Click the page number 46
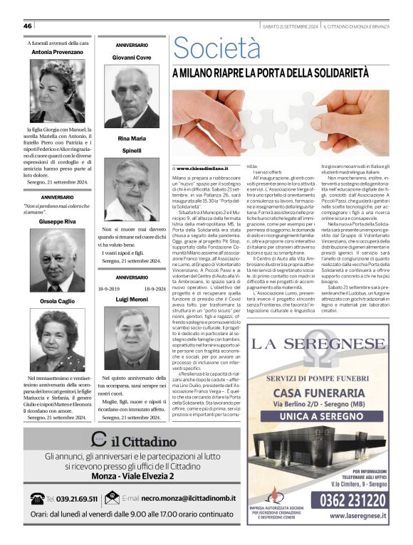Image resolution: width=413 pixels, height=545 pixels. tap(28, 26)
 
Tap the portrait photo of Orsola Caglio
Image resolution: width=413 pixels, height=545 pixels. tap(57, 339)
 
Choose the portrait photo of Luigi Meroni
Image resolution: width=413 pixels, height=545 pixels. tap(132, 337)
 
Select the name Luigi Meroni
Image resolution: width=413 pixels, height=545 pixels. tap(132, 300)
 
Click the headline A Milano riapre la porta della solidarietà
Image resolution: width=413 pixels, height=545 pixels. tap(280, 73)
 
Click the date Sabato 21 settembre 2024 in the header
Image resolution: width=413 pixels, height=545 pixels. tap(291, 26)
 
